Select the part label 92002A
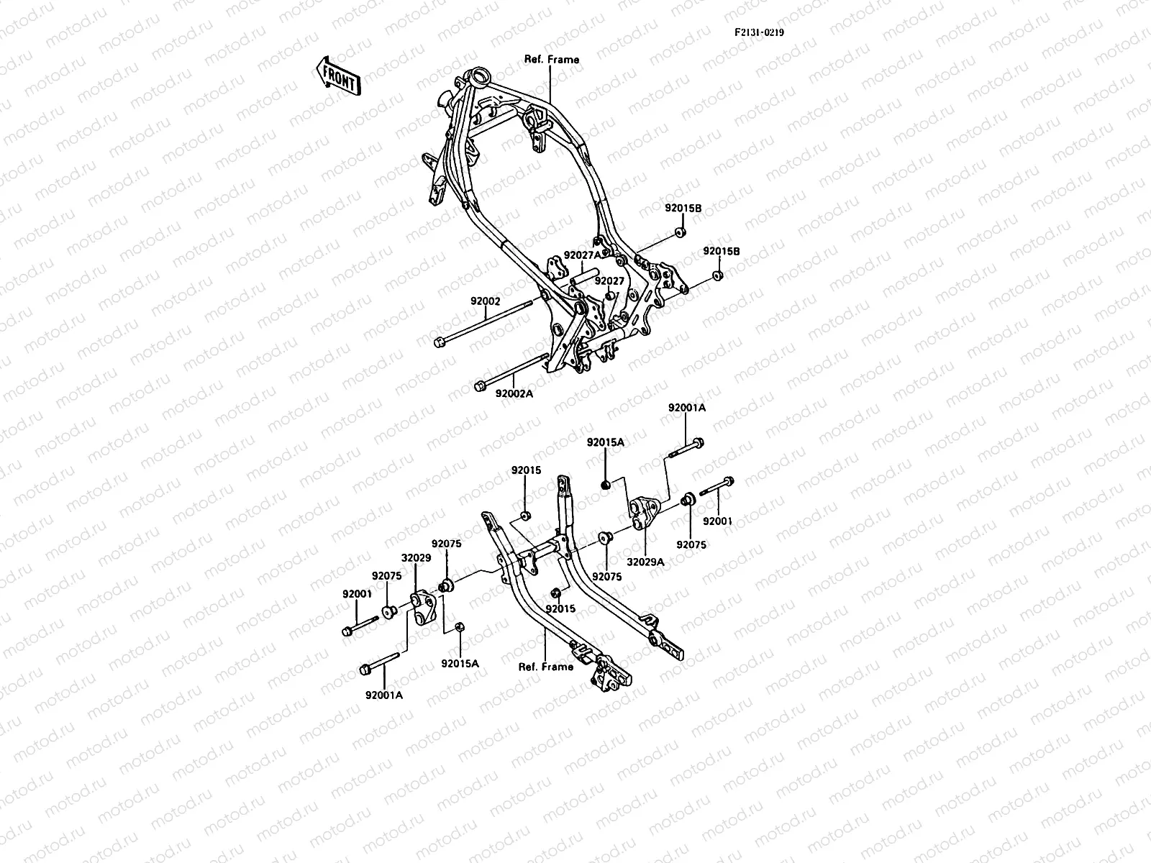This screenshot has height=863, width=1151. tap(514, 393)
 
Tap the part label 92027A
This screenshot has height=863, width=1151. tap(583, 255)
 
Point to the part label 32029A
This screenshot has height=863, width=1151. tap(645, 562)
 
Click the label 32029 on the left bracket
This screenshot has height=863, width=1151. tap(415, 557)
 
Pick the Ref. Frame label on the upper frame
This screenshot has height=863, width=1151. tap(552, 60)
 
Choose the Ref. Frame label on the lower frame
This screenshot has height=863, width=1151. tap(546, 667)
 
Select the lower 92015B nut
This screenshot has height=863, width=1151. tap(717, 276)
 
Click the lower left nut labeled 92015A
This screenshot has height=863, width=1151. tap(461, 627)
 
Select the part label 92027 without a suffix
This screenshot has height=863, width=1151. tap(609, 281)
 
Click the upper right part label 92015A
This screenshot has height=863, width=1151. tap(605, 442)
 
